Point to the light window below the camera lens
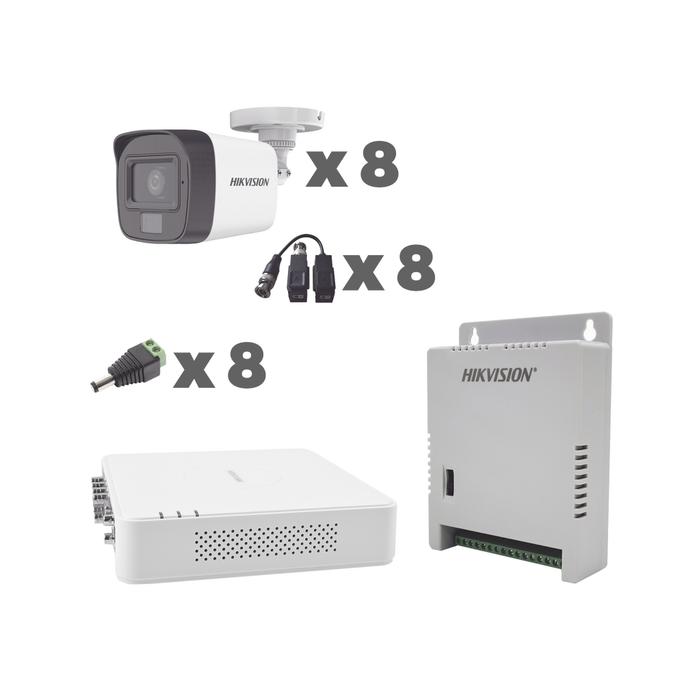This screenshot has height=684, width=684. (150, 222)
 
